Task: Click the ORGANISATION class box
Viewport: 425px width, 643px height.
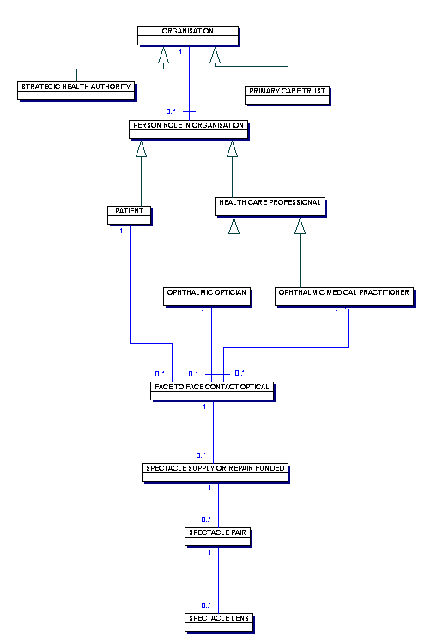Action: (188, 36)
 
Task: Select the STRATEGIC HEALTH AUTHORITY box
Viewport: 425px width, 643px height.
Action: (76, 91)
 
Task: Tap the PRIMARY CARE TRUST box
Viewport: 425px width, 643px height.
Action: (288, 95)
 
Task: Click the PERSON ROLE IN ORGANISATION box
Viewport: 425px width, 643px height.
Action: (189, 129)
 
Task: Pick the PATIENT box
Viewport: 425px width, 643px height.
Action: (130, 215)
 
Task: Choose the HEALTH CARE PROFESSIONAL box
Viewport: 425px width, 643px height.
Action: (270, 207)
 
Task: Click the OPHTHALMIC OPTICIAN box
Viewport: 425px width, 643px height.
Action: (207, 297)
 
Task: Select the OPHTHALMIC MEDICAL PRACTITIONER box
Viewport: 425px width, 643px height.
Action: (344, 297)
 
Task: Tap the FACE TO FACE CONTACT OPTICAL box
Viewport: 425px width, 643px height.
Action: (212, 391)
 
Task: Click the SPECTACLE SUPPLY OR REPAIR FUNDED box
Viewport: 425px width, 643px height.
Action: (216, 472)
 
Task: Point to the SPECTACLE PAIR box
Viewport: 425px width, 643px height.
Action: (218, 537)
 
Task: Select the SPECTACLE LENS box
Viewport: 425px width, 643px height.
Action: (219, 622)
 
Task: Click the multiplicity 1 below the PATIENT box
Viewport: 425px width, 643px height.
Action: (121, 231)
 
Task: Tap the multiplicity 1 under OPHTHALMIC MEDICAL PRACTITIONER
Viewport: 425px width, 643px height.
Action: (337, 312)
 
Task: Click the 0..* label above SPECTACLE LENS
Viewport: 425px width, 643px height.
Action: (206, 605)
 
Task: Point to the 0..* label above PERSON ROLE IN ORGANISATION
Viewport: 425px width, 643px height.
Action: (171, 111)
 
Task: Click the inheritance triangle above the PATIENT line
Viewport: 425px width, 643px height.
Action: (142, 148)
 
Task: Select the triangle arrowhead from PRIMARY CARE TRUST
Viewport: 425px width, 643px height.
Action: (215, 55)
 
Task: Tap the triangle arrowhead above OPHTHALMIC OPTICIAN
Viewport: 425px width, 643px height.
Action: (234, 225)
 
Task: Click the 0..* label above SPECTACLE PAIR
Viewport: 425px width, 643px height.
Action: (206, 520)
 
